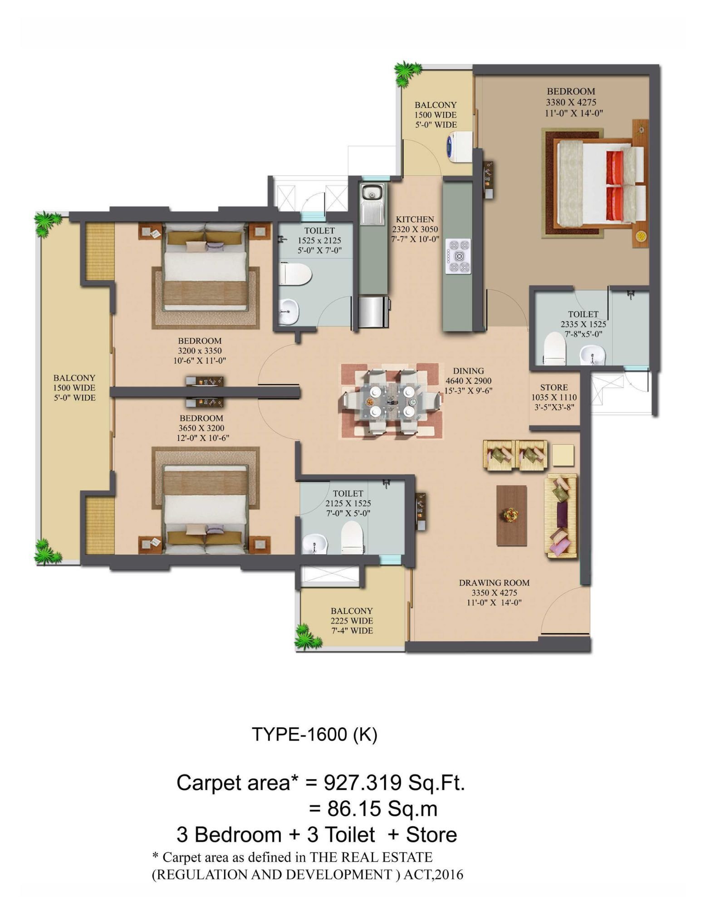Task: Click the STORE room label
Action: (554, 387)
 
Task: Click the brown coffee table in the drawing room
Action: (512, 515)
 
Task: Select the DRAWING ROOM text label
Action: (494, 583)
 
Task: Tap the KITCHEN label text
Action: (415, 219)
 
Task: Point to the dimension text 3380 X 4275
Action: (571, 102)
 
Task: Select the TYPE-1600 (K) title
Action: (314, 735)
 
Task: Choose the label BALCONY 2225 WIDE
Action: (352, 616)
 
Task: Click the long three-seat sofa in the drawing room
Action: (561, 516)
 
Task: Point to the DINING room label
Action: (469, 371)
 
